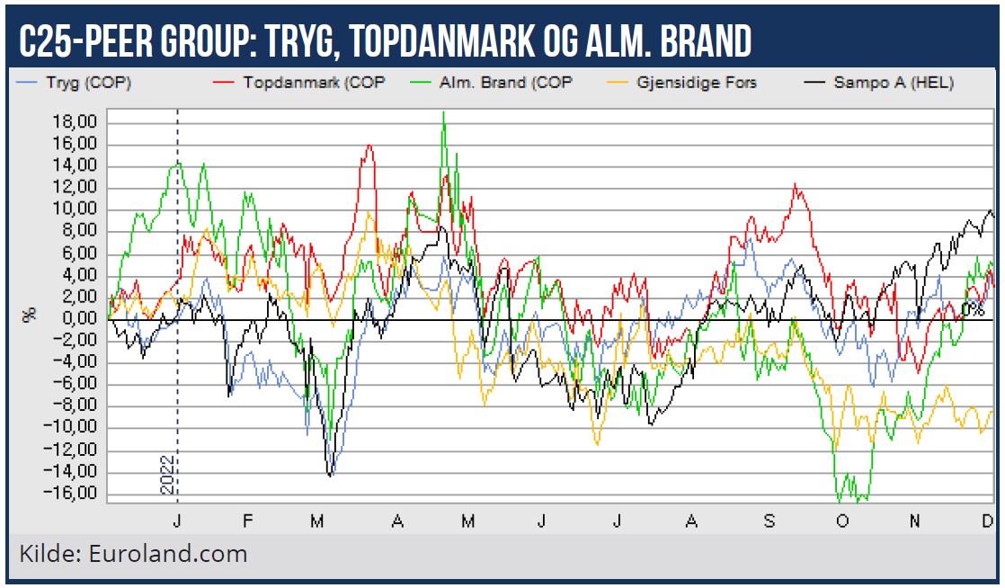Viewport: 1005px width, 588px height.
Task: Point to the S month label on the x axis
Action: click(x=768, y=521)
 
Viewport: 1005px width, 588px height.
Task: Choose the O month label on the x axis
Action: click(x=841, y=521)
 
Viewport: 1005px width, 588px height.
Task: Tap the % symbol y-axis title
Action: click(x=31, y=314)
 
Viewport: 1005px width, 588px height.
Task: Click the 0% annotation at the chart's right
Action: click(x=973, y=309)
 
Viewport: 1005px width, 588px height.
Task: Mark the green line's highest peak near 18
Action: click(x=443, y=112)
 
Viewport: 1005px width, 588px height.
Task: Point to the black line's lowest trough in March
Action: click(x=330, y=475)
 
